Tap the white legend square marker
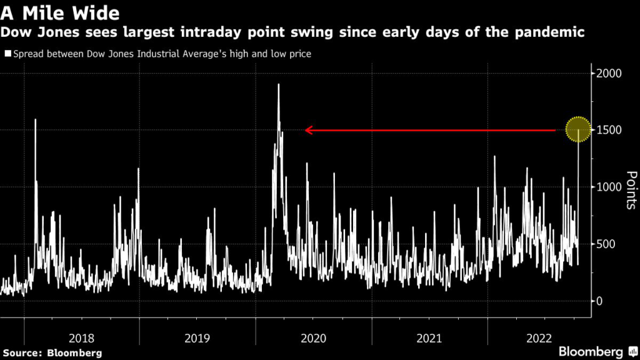[7, 54]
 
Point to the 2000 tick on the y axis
[609, 73]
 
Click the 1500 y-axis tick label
[609, 130]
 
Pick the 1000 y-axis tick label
[609, 187]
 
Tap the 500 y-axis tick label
[606, 244]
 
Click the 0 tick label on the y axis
[600, 301]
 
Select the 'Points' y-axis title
[631, 191]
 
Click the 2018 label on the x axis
[82, 338]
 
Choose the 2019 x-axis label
[197, 338]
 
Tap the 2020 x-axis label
[314, 338]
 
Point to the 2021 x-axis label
[429, 338]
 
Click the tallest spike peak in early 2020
[278, 84]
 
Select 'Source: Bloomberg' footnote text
[51, 352]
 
